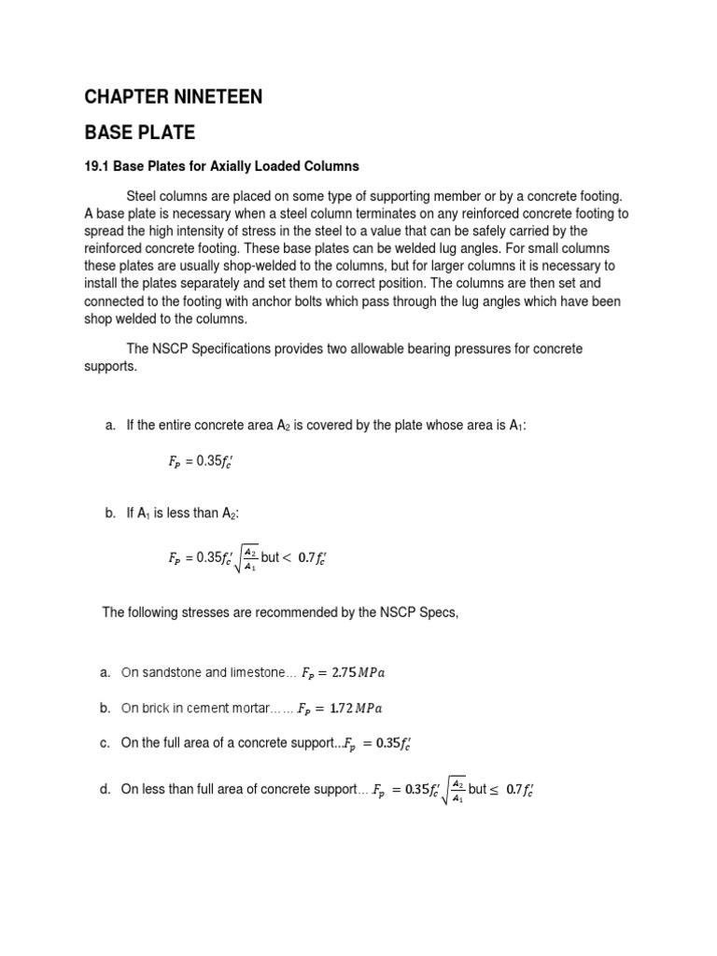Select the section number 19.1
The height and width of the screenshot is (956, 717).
[x=96, y=166]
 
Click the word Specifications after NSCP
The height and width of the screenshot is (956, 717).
[x=240, y=348]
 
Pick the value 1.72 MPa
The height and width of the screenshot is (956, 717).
[x=345, y=709]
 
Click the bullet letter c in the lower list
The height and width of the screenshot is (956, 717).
[x=105, y=744]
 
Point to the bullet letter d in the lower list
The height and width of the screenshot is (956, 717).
[x=105, y=790]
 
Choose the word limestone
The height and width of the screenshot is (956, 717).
[x=258, y=672]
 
